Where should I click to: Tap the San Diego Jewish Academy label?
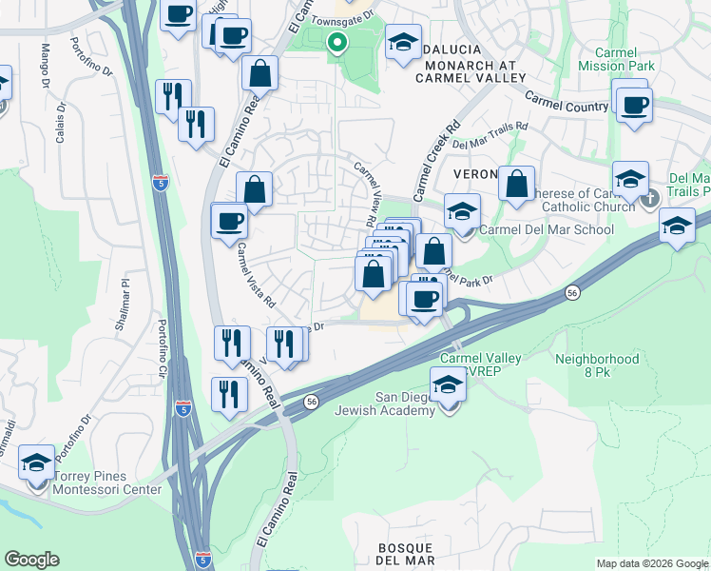click(x=393, y=404)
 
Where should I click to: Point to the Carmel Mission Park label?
click(x=620, y=59)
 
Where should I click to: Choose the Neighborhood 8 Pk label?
click(x=597, y=365)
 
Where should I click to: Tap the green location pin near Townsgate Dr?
click(x=336, y=42)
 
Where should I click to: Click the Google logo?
click(x=31, y=560)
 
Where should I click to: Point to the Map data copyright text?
click(x=652, y=563)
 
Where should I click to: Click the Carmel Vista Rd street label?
click(x=257, y=276)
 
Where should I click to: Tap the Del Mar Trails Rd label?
click(x=490, y=135)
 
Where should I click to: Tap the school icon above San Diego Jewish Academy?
click(x=447, y=385)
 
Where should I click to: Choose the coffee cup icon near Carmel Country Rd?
click(x=633, y=104)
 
